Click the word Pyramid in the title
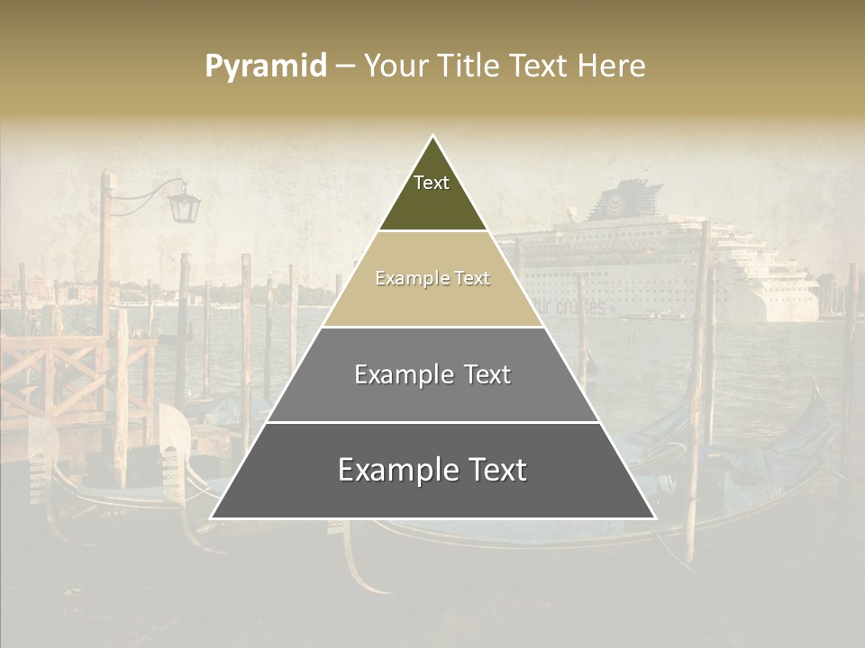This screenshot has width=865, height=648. click(x=266, y=67)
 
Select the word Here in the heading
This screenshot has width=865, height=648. click(x=613, y=67)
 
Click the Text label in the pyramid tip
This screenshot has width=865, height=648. click(x=432, y=183)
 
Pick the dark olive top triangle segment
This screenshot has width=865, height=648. click(x=432, y=207)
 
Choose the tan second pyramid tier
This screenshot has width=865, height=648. click(x=432, y=301)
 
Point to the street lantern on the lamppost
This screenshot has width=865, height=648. click(x=185, y=206)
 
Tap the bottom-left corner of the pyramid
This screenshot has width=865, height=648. click(x=211, y=518)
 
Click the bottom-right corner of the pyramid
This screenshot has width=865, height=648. click(x=655, y=518)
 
